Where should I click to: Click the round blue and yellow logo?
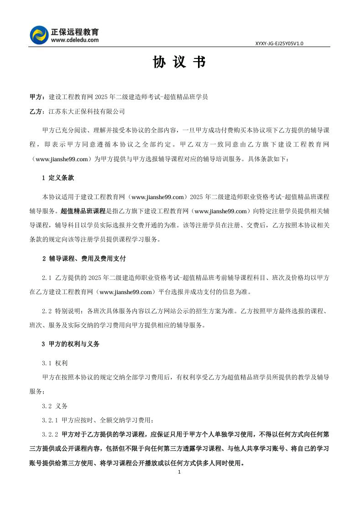39,35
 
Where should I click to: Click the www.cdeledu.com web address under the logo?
75,40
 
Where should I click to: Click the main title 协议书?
179,63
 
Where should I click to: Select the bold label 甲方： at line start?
38,97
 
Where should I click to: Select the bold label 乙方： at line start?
38,111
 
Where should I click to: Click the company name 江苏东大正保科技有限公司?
86,111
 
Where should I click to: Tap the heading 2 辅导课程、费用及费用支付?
83,258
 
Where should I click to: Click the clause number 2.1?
47,278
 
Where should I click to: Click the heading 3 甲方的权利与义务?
70,344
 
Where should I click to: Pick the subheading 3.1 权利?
54,363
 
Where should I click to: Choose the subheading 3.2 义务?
54,406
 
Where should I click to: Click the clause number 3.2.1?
50,420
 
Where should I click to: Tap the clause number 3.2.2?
50,434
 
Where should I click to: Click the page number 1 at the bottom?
179,472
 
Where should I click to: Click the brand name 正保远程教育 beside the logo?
75,32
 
